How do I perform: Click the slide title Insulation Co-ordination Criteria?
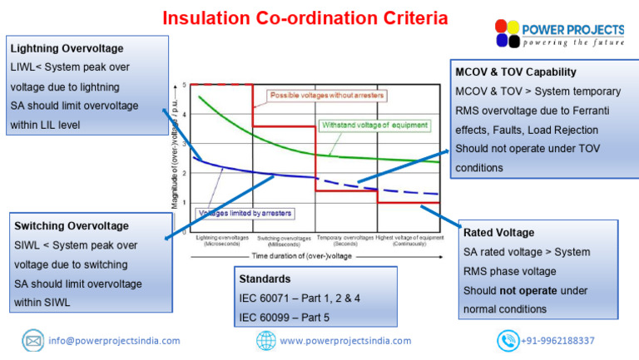(305, 17)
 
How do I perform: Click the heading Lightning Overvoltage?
(69, 49)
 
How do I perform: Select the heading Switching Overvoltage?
(72, 226)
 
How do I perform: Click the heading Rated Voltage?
(499, 233)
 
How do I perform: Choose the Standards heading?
(265, 279)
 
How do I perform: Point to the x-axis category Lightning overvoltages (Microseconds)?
(223, 241)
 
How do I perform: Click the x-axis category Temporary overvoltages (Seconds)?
(345, 241)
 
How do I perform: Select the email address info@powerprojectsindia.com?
(115, 341)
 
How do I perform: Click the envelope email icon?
(33, 341)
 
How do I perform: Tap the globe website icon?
(265, 341)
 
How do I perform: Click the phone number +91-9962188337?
(557, 341)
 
